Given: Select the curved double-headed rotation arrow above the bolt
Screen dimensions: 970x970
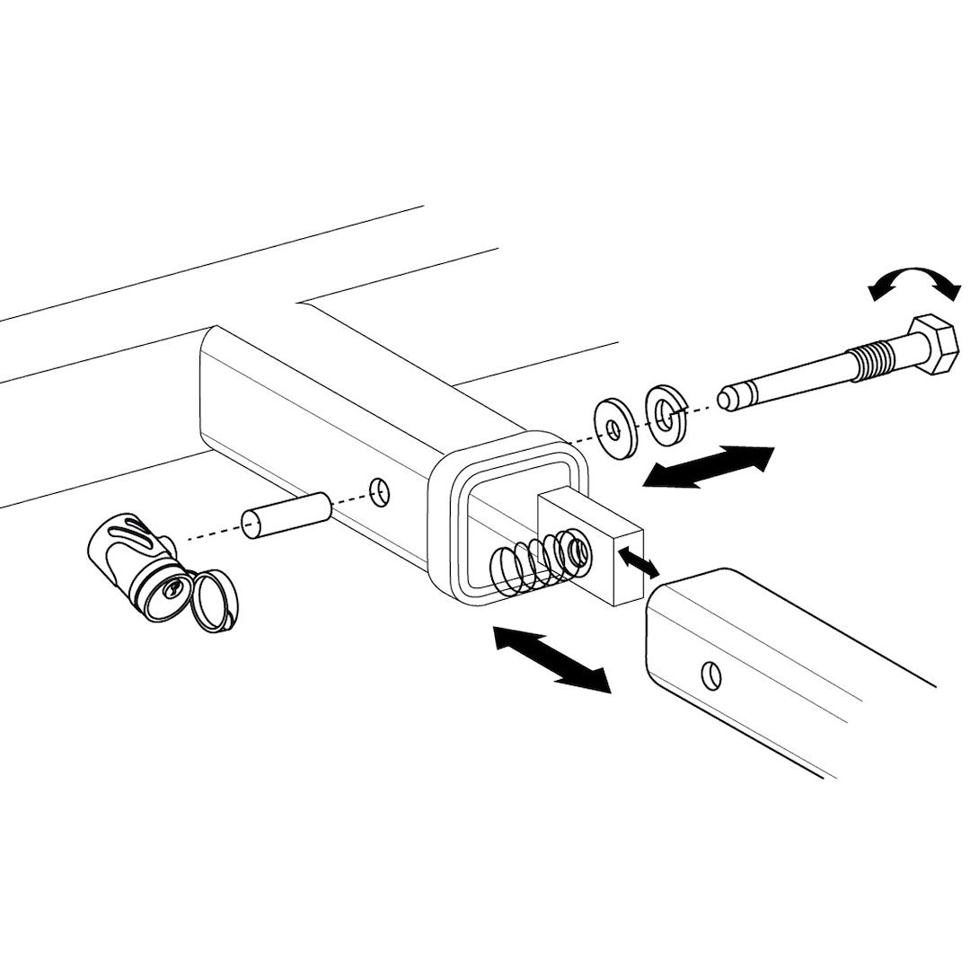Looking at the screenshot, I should tap(915, 281).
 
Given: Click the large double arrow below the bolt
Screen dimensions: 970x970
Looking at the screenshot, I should tap(710, 466).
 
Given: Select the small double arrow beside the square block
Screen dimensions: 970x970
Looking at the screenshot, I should tap(638, 564).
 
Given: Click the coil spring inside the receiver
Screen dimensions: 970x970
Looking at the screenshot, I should tap(530, 566).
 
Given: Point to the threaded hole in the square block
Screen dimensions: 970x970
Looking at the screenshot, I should tap(574, 549).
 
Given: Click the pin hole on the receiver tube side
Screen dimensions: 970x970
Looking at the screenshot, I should tap(380, 489).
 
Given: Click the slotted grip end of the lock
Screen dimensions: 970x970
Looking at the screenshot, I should tap(117, 546).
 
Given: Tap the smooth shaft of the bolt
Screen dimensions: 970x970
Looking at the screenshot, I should tap(795, 381).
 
